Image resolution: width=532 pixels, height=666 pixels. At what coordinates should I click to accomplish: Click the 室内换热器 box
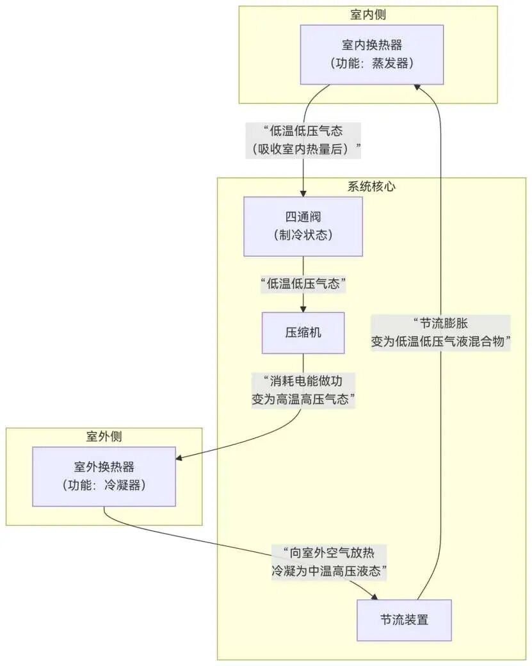point(372,54)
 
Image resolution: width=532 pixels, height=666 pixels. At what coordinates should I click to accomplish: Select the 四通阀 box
point(303,226)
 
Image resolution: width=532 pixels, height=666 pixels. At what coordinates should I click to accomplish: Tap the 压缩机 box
point(303,332)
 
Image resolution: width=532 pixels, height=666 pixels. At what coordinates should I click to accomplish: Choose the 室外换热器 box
point(104,476)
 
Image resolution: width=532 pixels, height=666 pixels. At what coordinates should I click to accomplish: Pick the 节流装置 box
point(404,620)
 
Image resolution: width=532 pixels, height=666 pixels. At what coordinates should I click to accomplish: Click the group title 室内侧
point(368,14)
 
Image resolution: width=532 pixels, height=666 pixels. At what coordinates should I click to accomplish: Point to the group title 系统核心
point(371,186)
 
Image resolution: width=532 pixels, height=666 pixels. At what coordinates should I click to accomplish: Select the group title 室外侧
point(104,436)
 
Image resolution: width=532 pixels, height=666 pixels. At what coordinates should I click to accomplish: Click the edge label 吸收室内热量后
point(303,149)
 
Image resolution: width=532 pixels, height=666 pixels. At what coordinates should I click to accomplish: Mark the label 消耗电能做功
point(303,382)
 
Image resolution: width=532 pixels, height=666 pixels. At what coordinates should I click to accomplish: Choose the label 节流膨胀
point(440,324)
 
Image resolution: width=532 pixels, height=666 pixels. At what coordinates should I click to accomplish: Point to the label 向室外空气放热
point(329,553)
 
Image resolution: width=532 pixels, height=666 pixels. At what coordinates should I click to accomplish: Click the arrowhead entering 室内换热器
point(417,88)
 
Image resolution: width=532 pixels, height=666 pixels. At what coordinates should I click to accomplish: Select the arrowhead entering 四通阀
point(303,193)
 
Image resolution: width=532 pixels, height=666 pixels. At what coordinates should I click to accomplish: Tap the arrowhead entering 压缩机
point(303,309)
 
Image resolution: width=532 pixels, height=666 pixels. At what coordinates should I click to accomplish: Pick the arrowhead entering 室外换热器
point(180,457)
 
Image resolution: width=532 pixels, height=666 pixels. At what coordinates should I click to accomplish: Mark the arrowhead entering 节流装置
point(376,597)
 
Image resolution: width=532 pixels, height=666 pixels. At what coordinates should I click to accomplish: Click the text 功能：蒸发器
point(372,63)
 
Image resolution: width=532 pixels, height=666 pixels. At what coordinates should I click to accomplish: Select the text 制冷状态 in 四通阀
point(303,235)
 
